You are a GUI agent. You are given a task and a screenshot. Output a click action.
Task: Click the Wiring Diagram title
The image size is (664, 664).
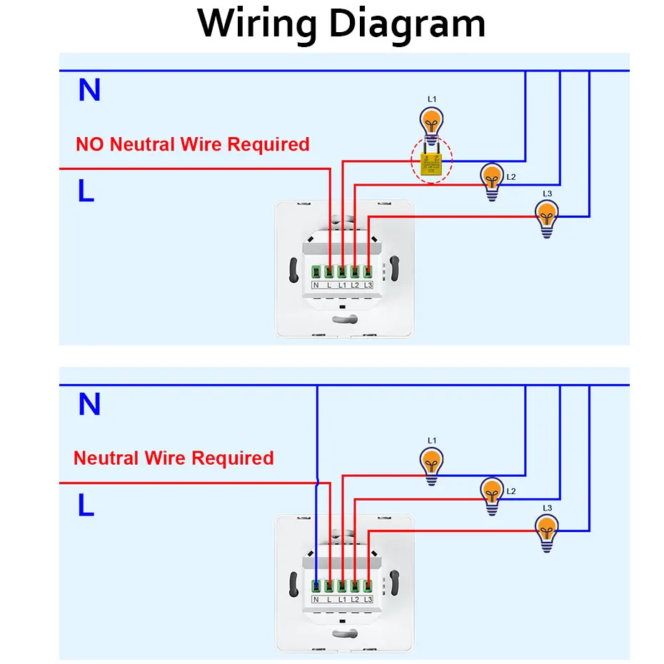(342, 24)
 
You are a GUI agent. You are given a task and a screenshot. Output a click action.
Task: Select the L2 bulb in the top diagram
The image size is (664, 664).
(492, 179)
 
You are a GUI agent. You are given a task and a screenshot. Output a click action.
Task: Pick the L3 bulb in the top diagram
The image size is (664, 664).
(547, 216)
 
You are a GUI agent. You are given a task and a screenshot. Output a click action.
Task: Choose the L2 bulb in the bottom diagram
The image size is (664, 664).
(492, 493)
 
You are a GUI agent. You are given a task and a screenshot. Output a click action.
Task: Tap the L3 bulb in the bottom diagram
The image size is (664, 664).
(547, 530)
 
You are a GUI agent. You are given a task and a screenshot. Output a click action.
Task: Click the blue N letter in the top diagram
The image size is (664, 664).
(89, 91)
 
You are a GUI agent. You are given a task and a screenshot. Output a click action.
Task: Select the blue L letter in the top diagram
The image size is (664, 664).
(86, 191)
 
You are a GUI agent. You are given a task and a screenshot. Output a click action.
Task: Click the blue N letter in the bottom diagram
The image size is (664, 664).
(89, 405)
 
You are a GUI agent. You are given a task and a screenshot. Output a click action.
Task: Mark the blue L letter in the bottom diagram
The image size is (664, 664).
(86, 505)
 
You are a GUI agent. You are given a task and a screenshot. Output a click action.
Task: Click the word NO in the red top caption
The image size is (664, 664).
(90, 144)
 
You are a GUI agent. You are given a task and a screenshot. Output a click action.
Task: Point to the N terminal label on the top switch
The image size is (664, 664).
(316, 286)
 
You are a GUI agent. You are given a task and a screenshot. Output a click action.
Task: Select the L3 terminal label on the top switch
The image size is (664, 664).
(368, 286)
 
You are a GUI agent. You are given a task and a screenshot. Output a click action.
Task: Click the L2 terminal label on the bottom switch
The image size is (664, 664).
(355, 599)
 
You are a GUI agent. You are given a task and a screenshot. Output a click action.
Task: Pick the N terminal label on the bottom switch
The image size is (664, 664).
(316, 599)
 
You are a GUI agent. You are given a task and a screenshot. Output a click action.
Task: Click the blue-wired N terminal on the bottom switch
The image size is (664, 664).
(316, 585)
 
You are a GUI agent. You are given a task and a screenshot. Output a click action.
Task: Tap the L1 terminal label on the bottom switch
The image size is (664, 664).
(342, 599)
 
